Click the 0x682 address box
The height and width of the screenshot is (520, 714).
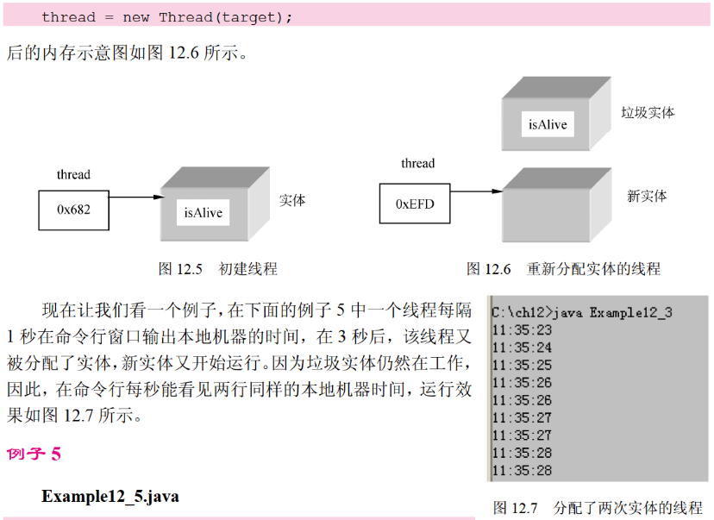[73, 210]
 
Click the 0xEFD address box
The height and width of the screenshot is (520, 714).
[415, 204]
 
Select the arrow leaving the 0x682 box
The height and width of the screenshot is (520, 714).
[135, 198]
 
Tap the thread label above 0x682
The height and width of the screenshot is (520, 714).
[73, 175]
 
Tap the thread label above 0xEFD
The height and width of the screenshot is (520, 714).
[417, 164]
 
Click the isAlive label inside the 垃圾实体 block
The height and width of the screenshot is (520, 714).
[548, 124]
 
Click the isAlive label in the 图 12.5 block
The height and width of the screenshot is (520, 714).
[204, 211]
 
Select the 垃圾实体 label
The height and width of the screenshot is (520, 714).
[648, 113]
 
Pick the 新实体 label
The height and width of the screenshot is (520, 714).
[647, 197]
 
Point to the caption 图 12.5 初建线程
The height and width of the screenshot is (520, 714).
[217, 269]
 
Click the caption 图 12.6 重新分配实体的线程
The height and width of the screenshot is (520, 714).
[563, 269]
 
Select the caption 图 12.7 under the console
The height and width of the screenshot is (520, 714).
[598, 507]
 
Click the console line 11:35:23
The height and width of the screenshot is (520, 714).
[521, 330]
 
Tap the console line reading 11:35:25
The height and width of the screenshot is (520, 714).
[521, 366]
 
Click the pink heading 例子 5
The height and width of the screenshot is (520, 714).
[34, 454]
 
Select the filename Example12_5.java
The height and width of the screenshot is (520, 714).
[110, 497]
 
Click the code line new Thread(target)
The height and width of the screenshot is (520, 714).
[166, 16]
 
